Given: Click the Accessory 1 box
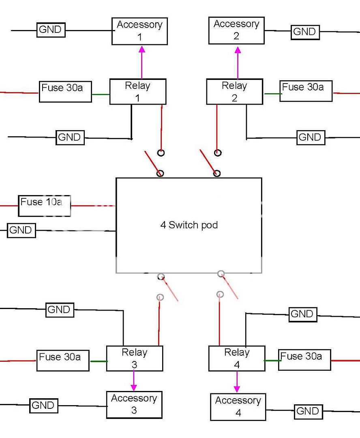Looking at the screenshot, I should [x=139, y=31].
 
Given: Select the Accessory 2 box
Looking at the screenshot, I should [x=236, y=30].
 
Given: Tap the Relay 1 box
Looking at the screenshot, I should [x=138, y=92].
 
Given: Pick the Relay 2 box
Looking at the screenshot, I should [x=234, y=92].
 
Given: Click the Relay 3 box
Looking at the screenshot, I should [x=134, y=359].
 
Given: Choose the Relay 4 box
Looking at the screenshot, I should [x=237, y=359].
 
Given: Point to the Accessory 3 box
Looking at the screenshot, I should [x=134, y=404].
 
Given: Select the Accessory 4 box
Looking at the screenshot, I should [x=238, y=407].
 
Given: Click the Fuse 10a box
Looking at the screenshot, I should [x=45, y=206].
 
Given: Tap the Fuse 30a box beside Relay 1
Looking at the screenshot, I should [x=65, y=92].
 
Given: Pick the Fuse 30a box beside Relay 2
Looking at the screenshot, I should [x=306, y=91].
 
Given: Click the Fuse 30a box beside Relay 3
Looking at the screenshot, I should [x=63, y=360].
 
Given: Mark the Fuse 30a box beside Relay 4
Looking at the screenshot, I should [x=304, y=359].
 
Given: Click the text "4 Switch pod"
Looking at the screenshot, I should [x=189, y=225].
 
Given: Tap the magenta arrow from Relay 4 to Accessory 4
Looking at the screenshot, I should [x=237, y=382].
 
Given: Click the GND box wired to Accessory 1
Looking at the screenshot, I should [x=51, y=30].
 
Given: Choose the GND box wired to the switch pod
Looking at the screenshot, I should [x=21, y=231].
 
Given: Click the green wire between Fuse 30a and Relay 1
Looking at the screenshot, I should [x=101, y=95].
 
